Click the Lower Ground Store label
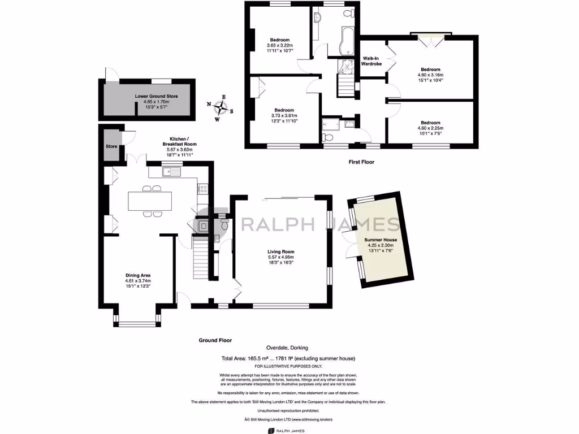[x=156, y=97]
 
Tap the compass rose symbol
[x=224, y=107]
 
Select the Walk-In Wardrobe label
[x=371, y=61]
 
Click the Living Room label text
[x=281, y=251]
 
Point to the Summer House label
[x=381, y=240]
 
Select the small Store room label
[x=111, y=147]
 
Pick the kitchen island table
[x=150, y=201]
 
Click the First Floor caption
[x=361, y=162]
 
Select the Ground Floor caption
[x=215, y=340]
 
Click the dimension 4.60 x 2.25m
[x=430, y=128]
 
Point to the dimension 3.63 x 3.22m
[x=279, y=45]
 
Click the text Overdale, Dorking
[x=287, y=348]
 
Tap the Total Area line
[x=289, y=359]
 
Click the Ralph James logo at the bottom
[x=289, y=431]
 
